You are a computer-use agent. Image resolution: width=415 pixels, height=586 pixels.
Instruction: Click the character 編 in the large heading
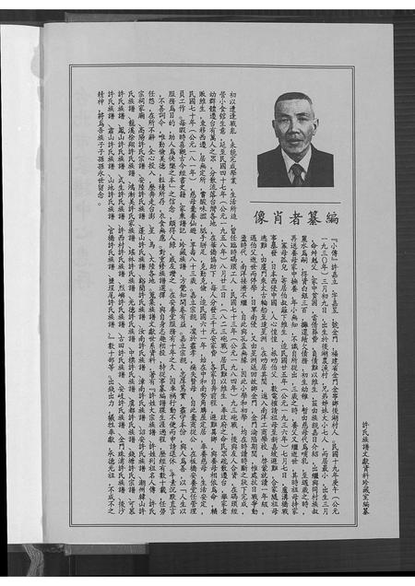[332, 219]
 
